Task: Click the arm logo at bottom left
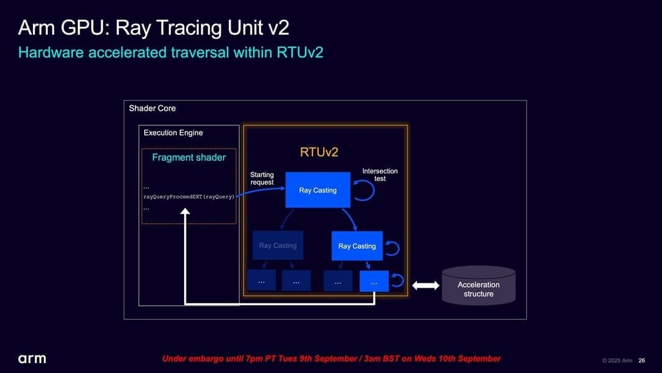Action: tap(32, 359)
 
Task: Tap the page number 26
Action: tap(641, 361)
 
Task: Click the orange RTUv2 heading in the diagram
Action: tap(319, 152)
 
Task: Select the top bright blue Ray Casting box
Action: tap(318, 190)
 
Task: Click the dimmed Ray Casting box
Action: tap(278, 246)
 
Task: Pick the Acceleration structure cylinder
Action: tap(479, 286)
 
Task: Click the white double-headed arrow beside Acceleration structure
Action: tap(426, 285)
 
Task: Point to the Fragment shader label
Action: tap(189, 157)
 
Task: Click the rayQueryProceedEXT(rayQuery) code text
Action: tap(189, 197)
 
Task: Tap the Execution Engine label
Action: tap(173, 132)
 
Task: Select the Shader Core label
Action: tap(152, 108)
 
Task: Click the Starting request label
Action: tap(262, 178)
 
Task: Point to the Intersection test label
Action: tap(380, 175)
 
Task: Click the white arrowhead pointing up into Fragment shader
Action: tap(185, 211)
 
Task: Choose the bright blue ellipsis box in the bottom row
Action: tap(374, 282)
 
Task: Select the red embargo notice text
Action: tap(331, 359)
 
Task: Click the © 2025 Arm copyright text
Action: tap(617, 361)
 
